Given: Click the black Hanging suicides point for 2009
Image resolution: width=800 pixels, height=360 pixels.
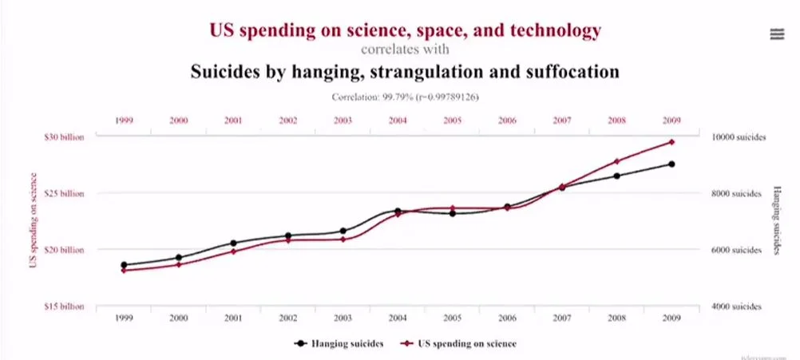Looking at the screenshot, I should point(671,164).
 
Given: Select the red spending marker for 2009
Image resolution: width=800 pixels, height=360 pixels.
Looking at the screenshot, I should point(671,142).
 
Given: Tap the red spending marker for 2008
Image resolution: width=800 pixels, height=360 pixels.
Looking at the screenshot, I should point(616,161).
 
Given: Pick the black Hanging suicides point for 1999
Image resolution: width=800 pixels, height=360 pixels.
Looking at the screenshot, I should point(124,265).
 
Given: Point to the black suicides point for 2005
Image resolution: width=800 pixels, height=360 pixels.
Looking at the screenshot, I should point(452,213).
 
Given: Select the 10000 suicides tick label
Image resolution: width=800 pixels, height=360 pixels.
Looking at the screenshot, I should point(738,136).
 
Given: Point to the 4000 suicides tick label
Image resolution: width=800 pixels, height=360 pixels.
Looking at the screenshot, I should point(738,307).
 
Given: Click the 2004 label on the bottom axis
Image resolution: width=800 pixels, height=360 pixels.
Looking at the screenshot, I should point(398,318).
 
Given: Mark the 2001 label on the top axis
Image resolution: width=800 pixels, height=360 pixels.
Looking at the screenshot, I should point(233,120).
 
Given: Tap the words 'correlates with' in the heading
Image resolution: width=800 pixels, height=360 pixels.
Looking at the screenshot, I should point(405,49).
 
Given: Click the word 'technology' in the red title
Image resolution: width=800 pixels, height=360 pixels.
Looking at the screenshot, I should point(556,30).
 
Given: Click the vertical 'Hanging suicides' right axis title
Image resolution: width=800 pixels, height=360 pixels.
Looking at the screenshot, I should point(775,221).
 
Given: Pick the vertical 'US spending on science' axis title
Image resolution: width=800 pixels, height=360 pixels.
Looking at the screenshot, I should point(34,221).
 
